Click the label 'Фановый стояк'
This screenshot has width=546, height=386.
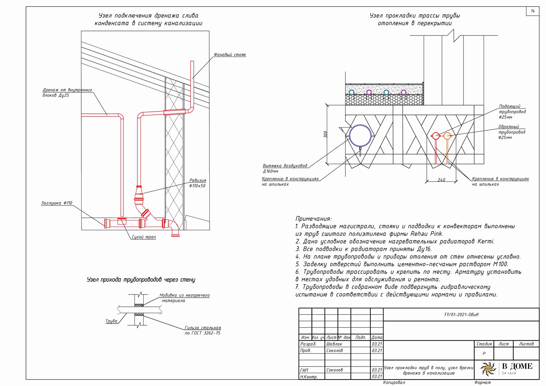click(x=230, y=55)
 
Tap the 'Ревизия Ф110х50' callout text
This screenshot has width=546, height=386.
click(x=198, y=183)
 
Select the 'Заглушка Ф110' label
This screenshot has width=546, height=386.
click(x=57, y=203)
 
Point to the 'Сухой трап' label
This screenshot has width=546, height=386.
click(x=144, y=237)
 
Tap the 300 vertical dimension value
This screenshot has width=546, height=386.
click(x=325, y=134)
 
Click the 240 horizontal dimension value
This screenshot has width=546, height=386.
click(x=441, y=180)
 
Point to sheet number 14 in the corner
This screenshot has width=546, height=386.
click(x=533, y=11)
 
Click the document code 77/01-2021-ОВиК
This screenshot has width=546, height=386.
click(x=461, y=314)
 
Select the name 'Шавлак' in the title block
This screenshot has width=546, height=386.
click(x=334, y=344)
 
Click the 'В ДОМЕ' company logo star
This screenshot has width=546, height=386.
click(x=488, y=369)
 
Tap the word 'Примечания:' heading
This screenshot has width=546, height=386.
click(x=313, y=219)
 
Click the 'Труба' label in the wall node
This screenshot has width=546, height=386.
click(x=111, y=321)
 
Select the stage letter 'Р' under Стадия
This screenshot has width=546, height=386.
click(x=484, y=353)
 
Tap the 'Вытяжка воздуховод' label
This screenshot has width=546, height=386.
click(x=285, y=166)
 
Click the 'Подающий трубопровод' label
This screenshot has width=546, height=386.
click(x=512, y=109)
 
